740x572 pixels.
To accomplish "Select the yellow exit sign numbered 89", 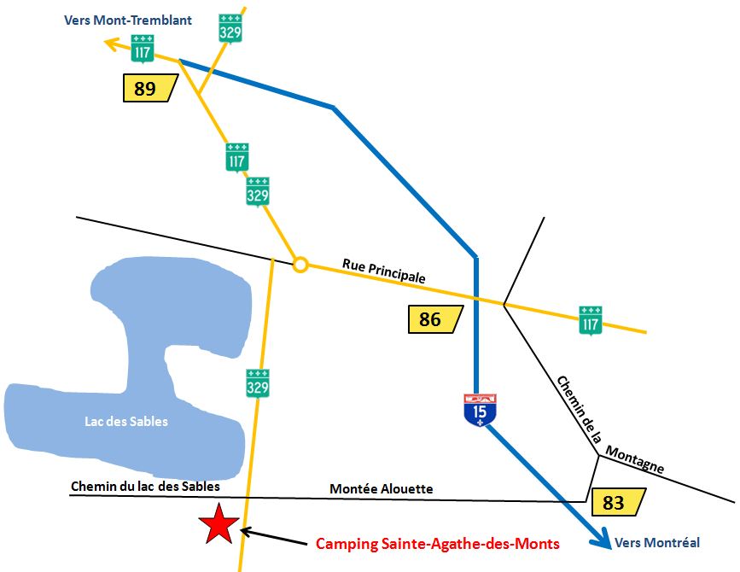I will tap(149, 88).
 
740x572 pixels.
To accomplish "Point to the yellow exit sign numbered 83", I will tap(617, 502).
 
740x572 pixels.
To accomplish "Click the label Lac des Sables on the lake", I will tap(126, 421).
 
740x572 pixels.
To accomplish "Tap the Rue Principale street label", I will tap(384, 271).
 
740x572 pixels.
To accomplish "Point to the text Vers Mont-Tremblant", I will tap(128, 20).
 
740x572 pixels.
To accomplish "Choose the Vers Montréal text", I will tap(657, 542).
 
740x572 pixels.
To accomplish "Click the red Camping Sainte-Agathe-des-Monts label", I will tap(437, 543).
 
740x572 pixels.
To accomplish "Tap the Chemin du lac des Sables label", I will tap(145, 486).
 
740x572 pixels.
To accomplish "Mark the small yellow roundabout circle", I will tap(300, 265).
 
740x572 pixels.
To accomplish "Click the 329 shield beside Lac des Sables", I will tap(259, 383).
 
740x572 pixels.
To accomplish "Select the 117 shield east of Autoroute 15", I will tap(590, 319).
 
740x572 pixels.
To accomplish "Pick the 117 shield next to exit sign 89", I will tap(143, 50).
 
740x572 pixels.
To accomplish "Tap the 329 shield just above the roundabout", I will tap(258, 192).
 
